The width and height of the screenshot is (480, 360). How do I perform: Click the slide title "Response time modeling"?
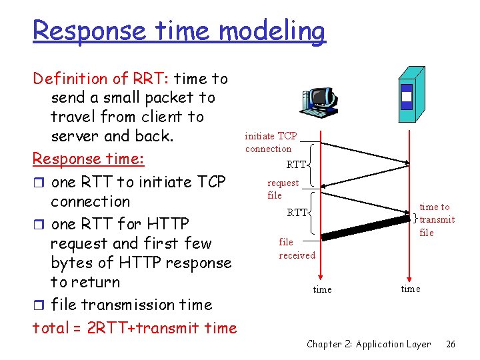click(x=179, y=31)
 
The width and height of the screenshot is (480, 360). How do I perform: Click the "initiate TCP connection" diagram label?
click(x=271, y=142)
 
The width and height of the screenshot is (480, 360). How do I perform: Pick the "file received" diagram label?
click(x=297, y=249)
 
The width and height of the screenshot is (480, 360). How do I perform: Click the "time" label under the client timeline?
click(x=322, y=289)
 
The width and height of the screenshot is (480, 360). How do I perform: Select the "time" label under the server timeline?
click(x=410, y=288)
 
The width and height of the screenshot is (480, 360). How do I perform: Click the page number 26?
click(x=451, y=344)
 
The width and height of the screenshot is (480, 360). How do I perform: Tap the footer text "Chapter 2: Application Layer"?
click(x=369, y=344)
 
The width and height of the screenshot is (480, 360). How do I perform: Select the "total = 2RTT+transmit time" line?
click(x=135, y=327)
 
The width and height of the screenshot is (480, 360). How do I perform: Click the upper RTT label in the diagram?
click(x=296, y=165)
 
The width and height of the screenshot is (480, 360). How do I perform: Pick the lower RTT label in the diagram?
click(x=297, y=213)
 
